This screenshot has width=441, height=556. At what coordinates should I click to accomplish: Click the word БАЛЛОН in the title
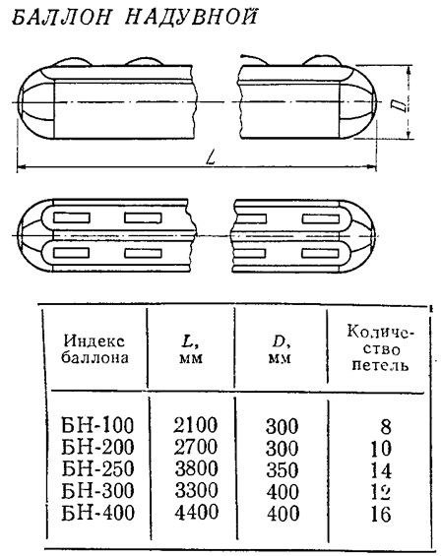pyautogui.click(x=61, y=18)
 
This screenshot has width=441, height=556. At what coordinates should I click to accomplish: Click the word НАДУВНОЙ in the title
pyautogui.click(x=191, y=16)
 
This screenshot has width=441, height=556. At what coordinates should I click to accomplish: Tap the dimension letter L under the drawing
pyautogui.click(x=212, y=157)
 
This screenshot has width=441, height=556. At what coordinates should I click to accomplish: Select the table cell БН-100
pyautogui.click(x=97, y=425)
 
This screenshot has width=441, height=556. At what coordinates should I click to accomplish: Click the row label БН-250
pyautogui.click(x=97, y=468)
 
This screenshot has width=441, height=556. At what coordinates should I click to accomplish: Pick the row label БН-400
pyautogui.click(x=97, y=513)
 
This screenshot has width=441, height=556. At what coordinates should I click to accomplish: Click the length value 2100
pyautogui.click(x=196, y=425)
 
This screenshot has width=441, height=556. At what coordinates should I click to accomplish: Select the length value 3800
pyautogui.click(x=196, y=468)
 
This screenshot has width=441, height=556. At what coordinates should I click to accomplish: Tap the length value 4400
pyautogui.click(x=197, y=513)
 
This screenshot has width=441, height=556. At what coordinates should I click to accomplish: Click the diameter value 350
pyautogui.click(x=283, y=469)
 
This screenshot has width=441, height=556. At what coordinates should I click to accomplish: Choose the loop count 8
pyautogui.click(x=386, y=426)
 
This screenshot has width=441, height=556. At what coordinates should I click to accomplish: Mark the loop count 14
pyautogui.click(x=381, y=471)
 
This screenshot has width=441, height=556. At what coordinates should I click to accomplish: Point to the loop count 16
pyautogui.click(x=381, y=514)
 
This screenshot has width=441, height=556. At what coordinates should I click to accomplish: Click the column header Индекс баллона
pyautogui.click(x=94, y=349)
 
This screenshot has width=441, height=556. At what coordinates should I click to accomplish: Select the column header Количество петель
pyautogui.click(x=380, y=348)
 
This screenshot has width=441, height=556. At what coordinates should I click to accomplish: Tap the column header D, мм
pyautogui.click(x=281, y=349)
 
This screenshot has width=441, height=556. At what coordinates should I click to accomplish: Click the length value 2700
pyautogui.click(x=196, y=447)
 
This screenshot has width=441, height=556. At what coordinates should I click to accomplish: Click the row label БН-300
pyautogui.click(x=97, y=490)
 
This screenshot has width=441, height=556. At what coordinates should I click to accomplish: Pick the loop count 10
pyautogui.click(x=381, y=449)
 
